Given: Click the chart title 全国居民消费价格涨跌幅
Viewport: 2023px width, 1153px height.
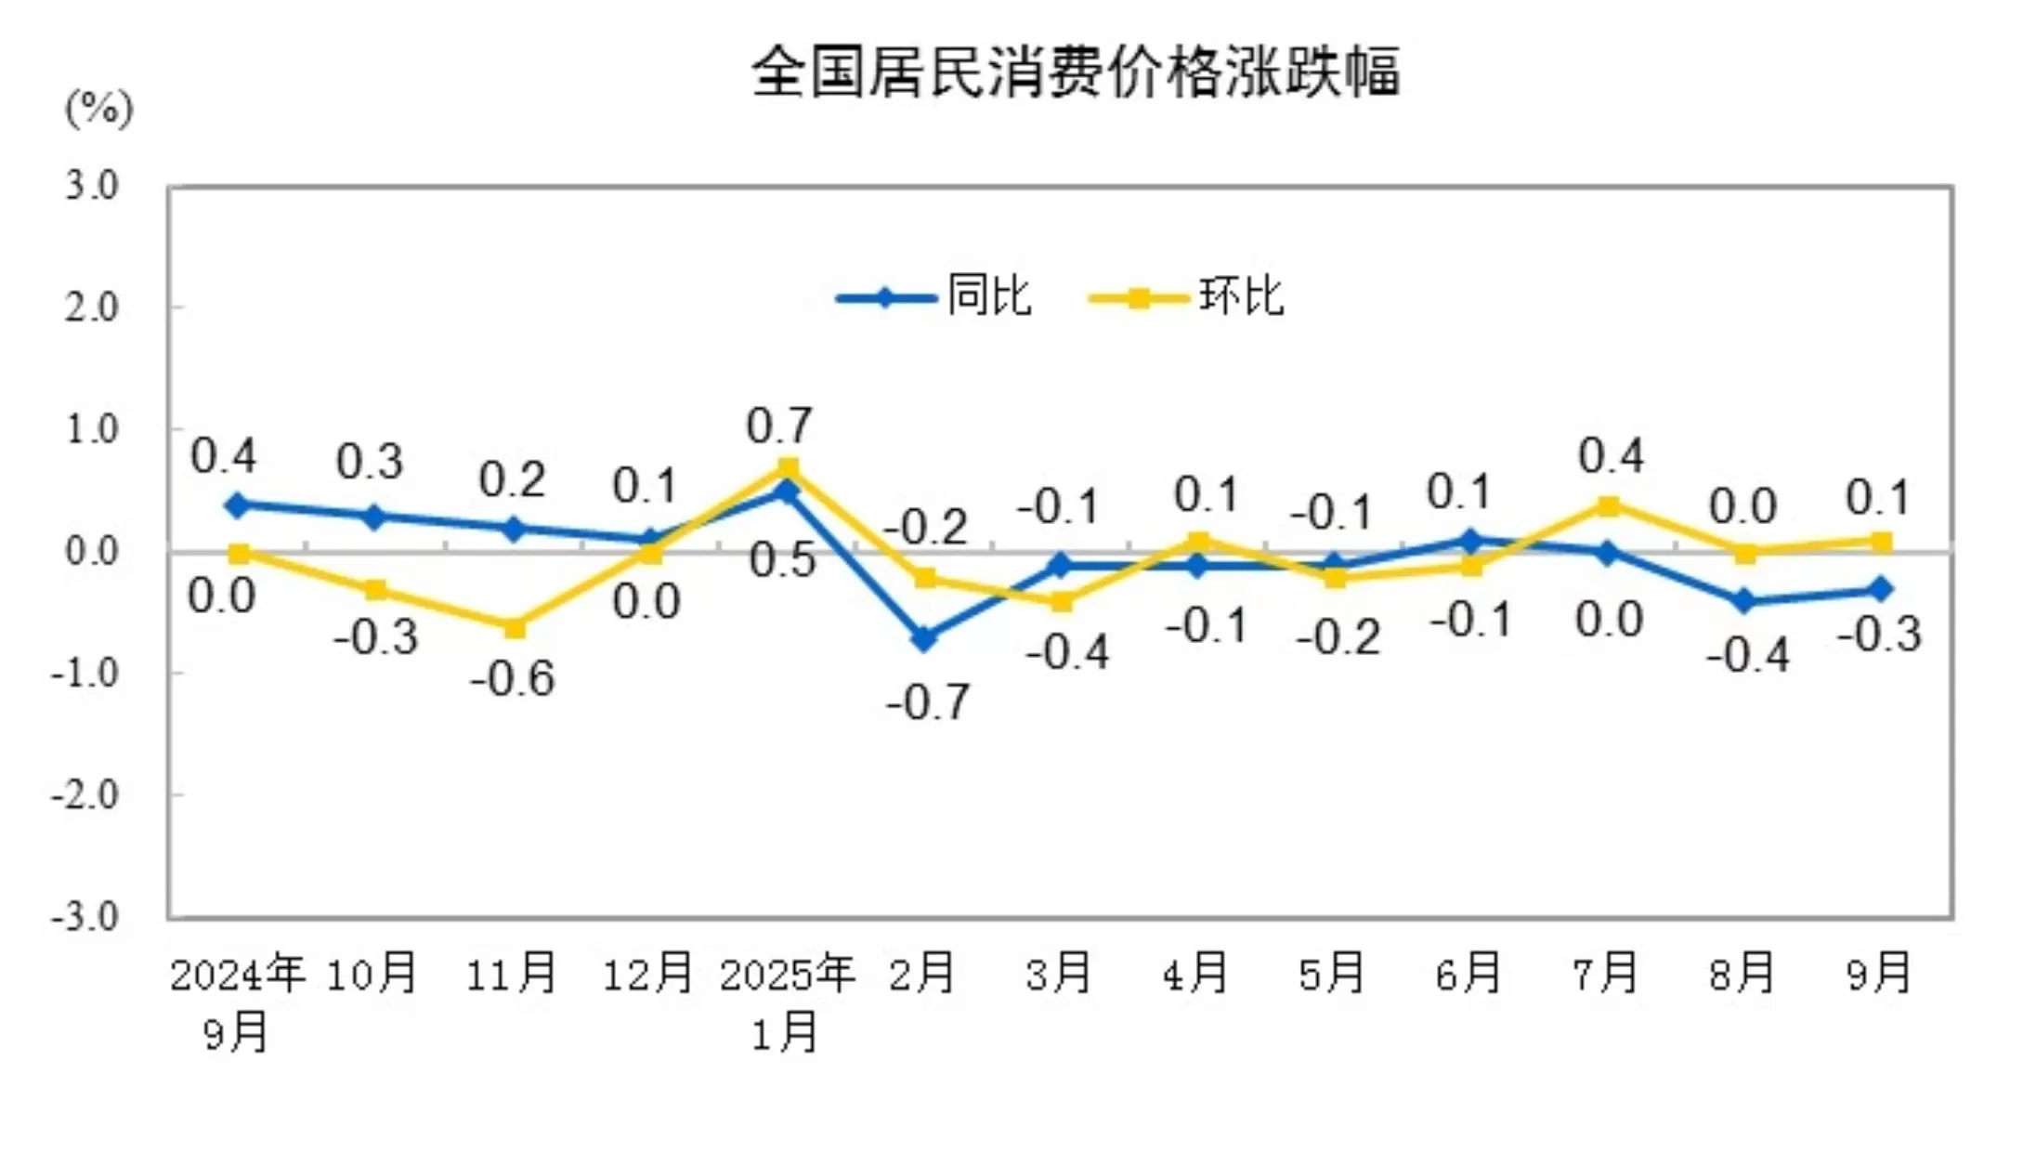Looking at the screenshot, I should (x=1075, y=72).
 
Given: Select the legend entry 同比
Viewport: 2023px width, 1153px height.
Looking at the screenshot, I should (x=988, y=297).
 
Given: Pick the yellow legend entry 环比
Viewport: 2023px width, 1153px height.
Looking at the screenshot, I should (x=1240, y=297).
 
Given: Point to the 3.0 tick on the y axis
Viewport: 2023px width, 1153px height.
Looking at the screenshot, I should (x=92, y=187).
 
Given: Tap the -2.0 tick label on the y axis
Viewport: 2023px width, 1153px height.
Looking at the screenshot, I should (x=85, y=795).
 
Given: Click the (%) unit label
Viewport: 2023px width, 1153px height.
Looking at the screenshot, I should (x=99, y=110).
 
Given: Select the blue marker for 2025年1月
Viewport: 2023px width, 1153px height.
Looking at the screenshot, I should (x=788, y=491).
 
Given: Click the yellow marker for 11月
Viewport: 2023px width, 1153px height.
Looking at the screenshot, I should (x=514, y=627).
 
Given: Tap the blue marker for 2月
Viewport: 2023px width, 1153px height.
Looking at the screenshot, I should (x=924, y=638).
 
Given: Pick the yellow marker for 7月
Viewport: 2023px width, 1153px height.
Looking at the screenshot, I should (x=1609, y=505).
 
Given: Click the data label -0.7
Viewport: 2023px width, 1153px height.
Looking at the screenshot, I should (x=928, y=702).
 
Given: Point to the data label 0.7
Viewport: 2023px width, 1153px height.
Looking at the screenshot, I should (x=779, y=426).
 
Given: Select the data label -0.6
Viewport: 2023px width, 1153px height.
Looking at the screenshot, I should (x=513, y=679).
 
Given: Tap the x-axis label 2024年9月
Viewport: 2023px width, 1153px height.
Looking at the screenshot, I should (x=237, y=1002).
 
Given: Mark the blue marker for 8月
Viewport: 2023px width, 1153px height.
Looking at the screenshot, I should (x=1744, y=601).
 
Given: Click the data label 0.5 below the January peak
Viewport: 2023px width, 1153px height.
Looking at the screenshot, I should (x=782, y=560).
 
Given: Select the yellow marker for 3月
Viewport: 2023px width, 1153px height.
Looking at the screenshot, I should (x=1061, y=601).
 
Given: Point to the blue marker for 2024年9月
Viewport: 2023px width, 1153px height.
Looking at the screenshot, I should (x=238, y=505).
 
